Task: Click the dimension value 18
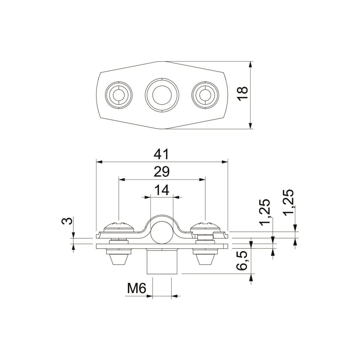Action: click(x=242, y=94)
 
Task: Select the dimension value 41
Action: click(x=161, y=154)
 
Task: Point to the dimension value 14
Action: click(x=162, y=190)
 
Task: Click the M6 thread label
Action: click(x=136, y=288)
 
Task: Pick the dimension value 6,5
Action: click(x=242, y=260)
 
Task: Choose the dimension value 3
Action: click(x=67, y=221)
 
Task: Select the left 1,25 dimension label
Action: click(x=264, y=213)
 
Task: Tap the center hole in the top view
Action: click(x=162, y=95)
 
